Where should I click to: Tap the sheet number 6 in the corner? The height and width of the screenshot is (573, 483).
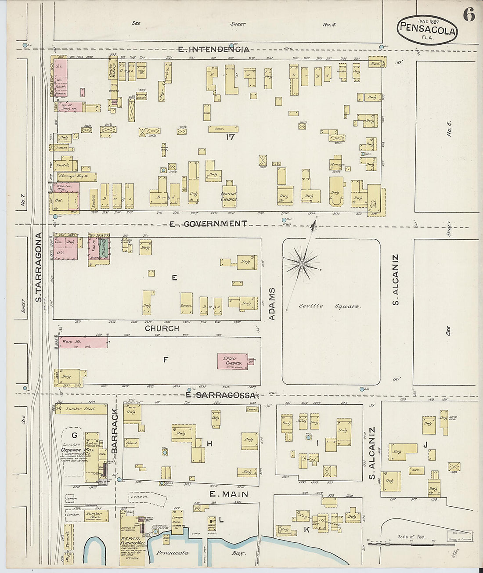tap(469, 16)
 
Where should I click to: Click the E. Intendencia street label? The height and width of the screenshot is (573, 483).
tap(214, 49)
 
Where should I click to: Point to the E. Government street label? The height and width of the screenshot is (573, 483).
tap(209, 223)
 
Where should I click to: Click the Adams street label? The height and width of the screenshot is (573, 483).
tap(272, 303)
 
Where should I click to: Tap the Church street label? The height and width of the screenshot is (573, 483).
tap(162, 328)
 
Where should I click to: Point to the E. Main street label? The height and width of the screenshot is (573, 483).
tap(229, 494)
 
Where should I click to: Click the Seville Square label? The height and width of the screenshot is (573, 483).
tap(330, 306)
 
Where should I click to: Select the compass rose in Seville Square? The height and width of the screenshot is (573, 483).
tap(302, 264)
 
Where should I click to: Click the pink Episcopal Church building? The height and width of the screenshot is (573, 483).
tap(232, 361)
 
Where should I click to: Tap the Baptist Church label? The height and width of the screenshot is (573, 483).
tap(229, 196)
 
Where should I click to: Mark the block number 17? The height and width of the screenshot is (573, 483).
tap(230, 137)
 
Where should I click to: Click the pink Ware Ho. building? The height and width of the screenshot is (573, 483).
tap(83, 342)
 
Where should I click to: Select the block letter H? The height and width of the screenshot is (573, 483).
tap(209, 443)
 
